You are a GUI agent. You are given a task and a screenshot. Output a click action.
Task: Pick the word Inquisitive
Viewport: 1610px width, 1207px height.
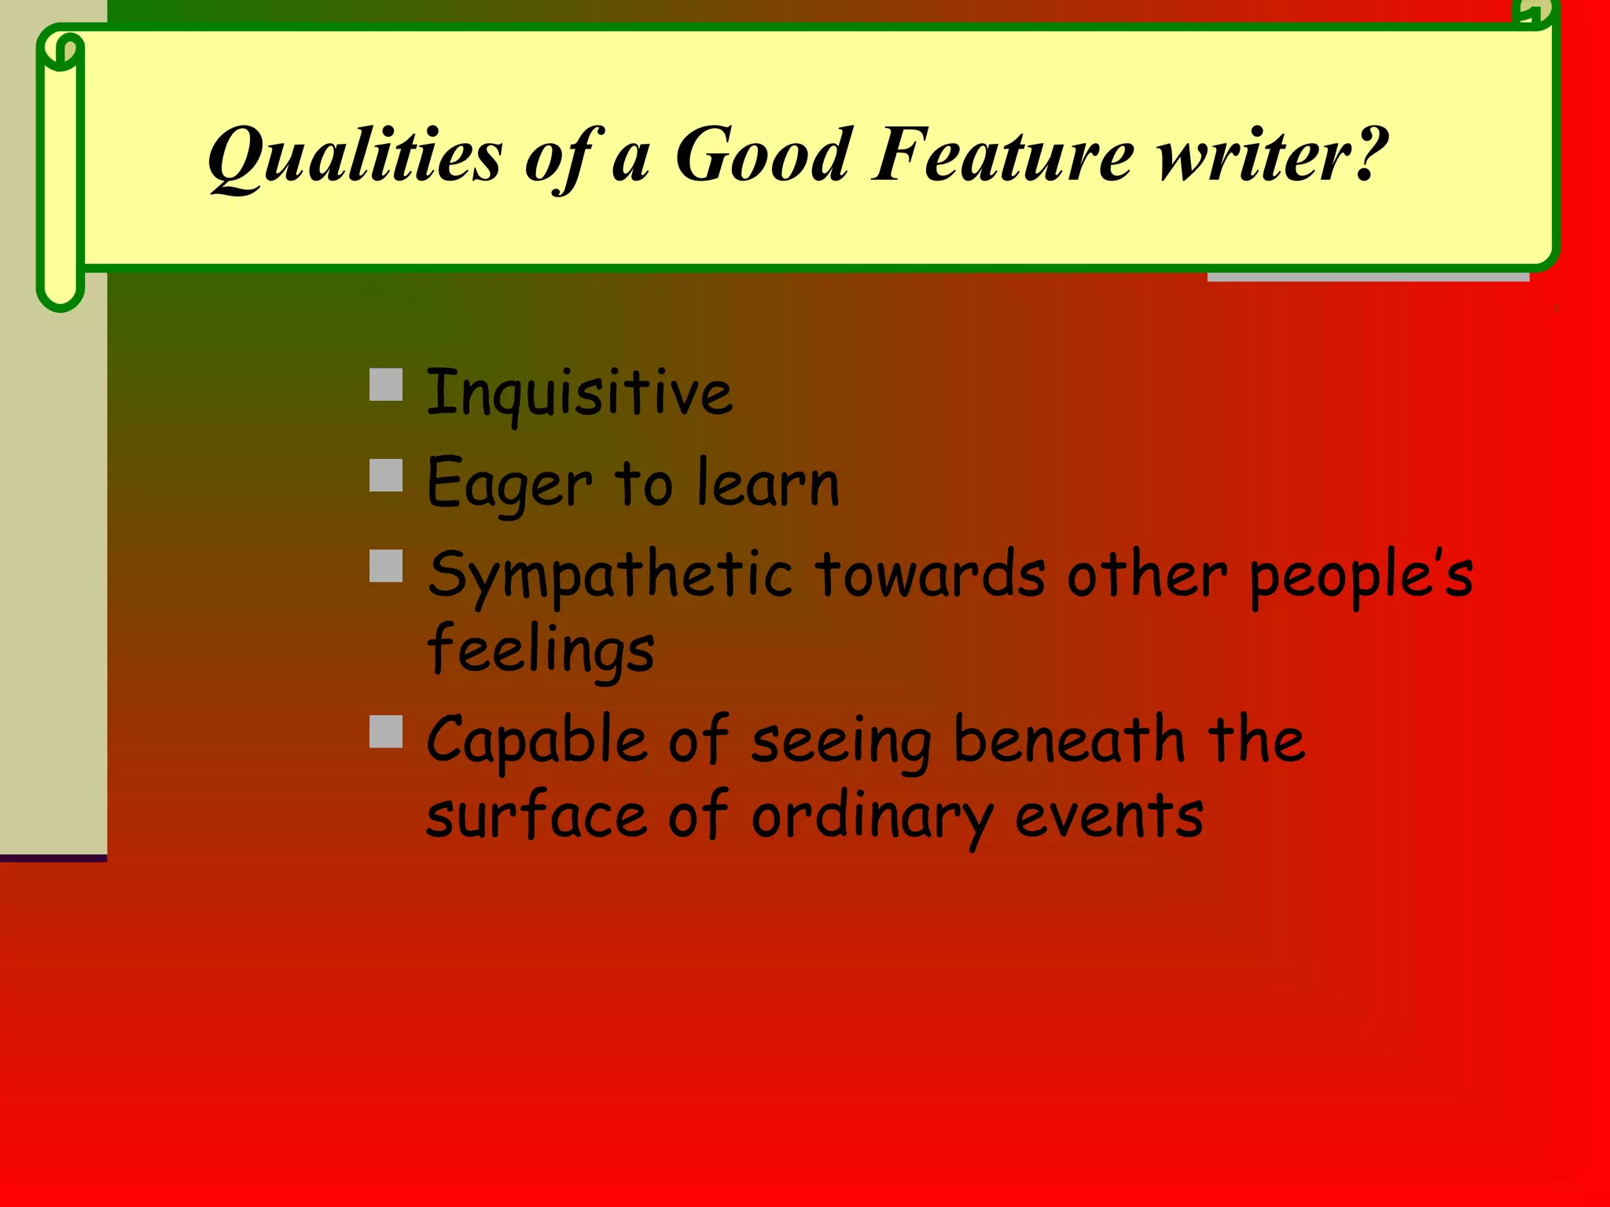[x=579, y=392]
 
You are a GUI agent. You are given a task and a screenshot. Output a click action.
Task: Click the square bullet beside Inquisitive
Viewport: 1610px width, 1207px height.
[x=386, y=385]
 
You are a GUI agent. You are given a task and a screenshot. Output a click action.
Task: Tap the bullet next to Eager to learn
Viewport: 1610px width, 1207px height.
[x=386, y=475]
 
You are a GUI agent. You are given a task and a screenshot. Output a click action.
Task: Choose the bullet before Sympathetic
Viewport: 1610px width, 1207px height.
[x=386, y=566]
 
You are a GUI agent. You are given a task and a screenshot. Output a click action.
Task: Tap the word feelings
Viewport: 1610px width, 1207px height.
[x=541, y=650]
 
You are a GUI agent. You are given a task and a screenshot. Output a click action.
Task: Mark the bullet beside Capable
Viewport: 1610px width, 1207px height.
[x=386, y=732]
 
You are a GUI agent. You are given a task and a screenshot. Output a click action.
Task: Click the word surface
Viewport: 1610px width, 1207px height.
[x=537, y=815]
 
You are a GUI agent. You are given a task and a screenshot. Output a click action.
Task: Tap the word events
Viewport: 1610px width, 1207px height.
[x=1108, y=816]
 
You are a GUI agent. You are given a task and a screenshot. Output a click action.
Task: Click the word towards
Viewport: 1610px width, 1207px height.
[x=930, y=574]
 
